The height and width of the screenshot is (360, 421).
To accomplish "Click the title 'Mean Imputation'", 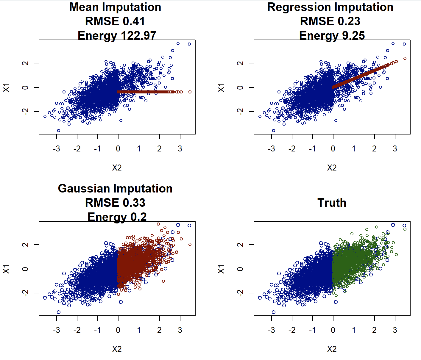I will click(115, 7).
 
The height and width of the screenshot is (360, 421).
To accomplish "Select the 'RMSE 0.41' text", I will click(115, 21).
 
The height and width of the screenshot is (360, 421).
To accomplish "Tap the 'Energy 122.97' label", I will click(117, 35).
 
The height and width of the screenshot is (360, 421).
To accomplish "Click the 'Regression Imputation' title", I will click(330, 7).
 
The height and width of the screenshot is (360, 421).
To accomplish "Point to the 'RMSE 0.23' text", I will click(330, 21).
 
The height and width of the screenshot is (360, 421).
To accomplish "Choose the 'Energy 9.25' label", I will click(332, 35).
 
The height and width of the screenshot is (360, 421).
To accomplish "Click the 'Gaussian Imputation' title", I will click(115, 189).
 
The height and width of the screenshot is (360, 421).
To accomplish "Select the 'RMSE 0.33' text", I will click(115, 203).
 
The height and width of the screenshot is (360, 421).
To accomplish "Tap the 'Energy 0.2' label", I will click(117, 217).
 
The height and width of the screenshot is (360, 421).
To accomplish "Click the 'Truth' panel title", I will click(332, 203).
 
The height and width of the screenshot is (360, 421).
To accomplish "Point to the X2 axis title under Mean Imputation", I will click(117, 168).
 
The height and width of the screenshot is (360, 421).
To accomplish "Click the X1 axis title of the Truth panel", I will click(221, 269).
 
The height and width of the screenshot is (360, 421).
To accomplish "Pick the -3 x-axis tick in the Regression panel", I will click(271, 149).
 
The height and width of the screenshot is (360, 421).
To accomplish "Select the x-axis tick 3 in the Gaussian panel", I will click(180, 330).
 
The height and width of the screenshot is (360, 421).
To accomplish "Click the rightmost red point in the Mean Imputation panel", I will click(190, 92).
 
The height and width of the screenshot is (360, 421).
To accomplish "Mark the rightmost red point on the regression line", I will click(405, 58).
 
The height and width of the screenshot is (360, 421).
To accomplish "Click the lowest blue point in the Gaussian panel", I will click(59, 312).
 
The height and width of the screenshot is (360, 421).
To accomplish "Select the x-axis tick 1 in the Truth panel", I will click(354, 330).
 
